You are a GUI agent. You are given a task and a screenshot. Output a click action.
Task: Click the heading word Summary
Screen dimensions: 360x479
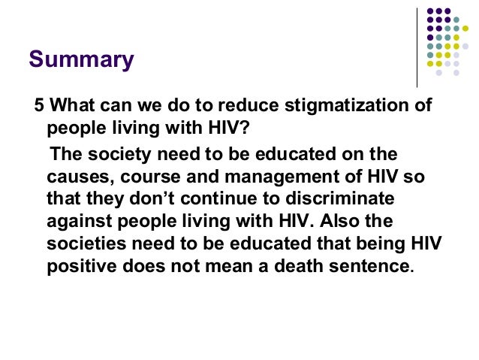tap(80, 59)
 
